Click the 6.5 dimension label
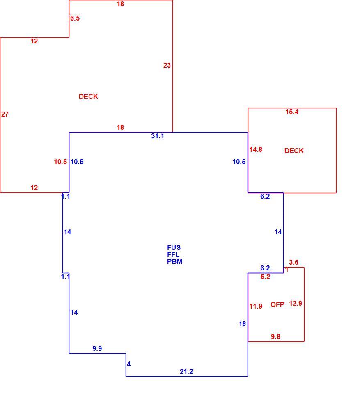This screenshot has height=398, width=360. point(75,18)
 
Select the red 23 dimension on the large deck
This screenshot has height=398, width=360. point(167,66)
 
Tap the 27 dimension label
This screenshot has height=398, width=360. point(5,114)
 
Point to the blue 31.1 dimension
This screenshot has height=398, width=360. point(158,136)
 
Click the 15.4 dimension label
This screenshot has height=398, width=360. point(292,112)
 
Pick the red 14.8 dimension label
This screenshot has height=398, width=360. point(256,149)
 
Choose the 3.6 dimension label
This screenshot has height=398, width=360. point(294,263)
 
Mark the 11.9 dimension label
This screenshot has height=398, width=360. point(256,307)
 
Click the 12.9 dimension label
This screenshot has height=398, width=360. point(296,304)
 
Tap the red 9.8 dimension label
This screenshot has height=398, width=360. point(275,337)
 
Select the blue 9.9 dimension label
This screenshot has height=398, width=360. point(97,348)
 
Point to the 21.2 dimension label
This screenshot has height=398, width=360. point(186,372)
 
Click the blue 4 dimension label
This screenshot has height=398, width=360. point(129,364)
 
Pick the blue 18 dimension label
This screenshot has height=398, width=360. point(242,324)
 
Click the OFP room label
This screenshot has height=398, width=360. point(277,304)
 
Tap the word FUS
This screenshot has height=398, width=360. point(174,248)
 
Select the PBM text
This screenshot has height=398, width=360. point(175,261)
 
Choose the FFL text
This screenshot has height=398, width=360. point(173,254)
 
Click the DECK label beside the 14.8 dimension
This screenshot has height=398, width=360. point(294,151)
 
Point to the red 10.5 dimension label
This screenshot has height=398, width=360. point(60,162)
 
